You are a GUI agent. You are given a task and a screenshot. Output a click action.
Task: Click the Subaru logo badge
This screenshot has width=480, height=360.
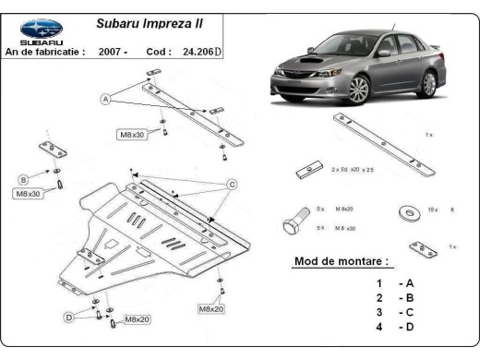[x=42, y=30]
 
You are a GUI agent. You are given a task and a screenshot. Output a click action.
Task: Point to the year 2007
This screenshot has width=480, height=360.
[x=114, y=52]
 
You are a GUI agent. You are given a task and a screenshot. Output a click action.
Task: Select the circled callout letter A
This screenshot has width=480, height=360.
[x=106, y=99]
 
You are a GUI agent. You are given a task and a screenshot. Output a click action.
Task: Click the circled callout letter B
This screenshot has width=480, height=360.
[x=24, y=179]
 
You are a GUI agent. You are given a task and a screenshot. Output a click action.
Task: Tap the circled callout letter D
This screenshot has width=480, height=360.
[x=68, y=317]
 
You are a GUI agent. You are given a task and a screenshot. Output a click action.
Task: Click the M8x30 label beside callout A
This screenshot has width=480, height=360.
[x=133, y=135]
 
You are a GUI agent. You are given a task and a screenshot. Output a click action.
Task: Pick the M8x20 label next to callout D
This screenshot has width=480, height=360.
[x=138, y=319]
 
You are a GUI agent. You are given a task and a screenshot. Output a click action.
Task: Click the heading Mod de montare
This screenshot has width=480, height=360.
[x=341, y=261]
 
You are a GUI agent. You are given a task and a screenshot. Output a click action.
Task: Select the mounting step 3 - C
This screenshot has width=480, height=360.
[x=391, y=313]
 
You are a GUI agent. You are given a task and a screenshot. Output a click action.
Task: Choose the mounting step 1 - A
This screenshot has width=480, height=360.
[x=391, y=283]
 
